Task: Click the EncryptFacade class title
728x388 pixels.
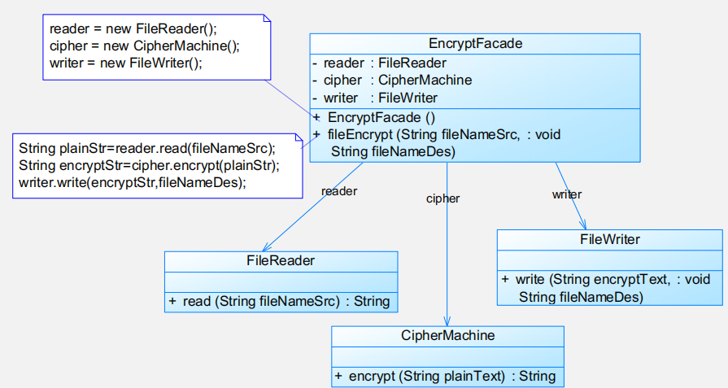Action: pos(475,44)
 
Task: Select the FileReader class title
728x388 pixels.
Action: pos(281,261)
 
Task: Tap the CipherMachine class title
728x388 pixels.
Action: pos(447,336)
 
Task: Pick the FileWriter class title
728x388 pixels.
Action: pos(609,239)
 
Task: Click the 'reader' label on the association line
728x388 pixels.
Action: pos(339,191)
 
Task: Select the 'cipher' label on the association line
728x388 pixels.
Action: pos(443,198)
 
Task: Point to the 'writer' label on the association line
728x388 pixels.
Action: pos(567,194)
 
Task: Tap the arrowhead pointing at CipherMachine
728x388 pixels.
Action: pos(447,321)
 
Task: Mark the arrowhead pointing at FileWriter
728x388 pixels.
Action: pos(583,225)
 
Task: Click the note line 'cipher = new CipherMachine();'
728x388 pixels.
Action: pos(145,46)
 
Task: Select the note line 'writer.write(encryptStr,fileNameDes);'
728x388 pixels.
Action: pos(133,182)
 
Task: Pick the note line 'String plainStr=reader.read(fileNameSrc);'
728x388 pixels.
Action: pos(146,149)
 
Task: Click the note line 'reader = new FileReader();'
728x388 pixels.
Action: pos(133,28)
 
